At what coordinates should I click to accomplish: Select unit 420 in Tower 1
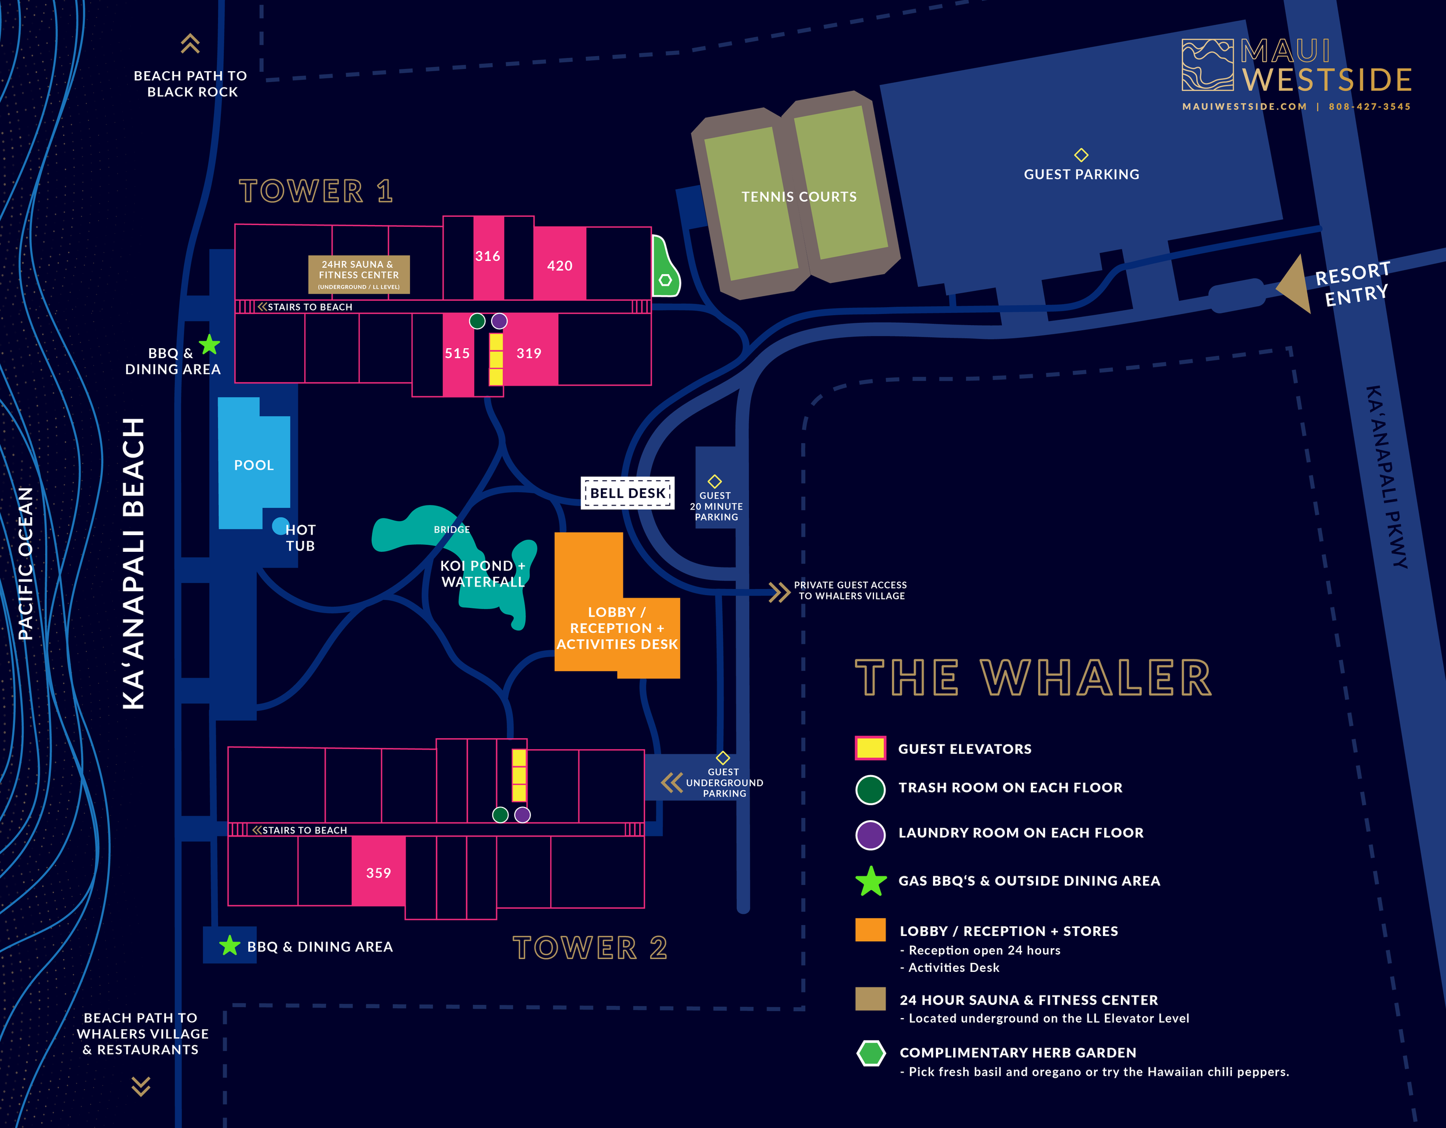coord(559,265)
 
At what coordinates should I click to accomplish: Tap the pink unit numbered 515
coord(458,353)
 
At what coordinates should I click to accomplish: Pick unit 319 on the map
coord(530,353)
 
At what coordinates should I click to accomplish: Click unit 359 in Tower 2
coord(378,872)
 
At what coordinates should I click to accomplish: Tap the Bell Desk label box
coord(627,493)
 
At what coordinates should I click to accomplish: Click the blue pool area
coord(253,465)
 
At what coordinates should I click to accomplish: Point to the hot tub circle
coord(280,526)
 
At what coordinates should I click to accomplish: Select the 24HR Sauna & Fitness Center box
coord(359,274)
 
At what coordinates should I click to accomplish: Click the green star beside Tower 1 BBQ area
coord(209,344)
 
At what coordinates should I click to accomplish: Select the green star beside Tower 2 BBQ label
coord(229,945)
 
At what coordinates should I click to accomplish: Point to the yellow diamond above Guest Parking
coord(1081,155)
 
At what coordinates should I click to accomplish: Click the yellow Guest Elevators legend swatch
coord(870,748)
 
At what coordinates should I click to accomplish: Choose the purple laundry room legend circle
coord(870,835)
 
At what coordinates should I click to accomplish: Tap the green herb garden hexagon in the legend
coord(870,1053)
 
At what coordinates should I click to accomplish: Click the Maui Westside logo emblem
coord(1207,65)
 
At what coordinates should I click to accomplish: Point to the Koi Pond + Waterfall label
coord(482,574)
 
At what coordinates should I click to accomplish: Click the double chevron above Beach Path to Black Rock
coord(190,44)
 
